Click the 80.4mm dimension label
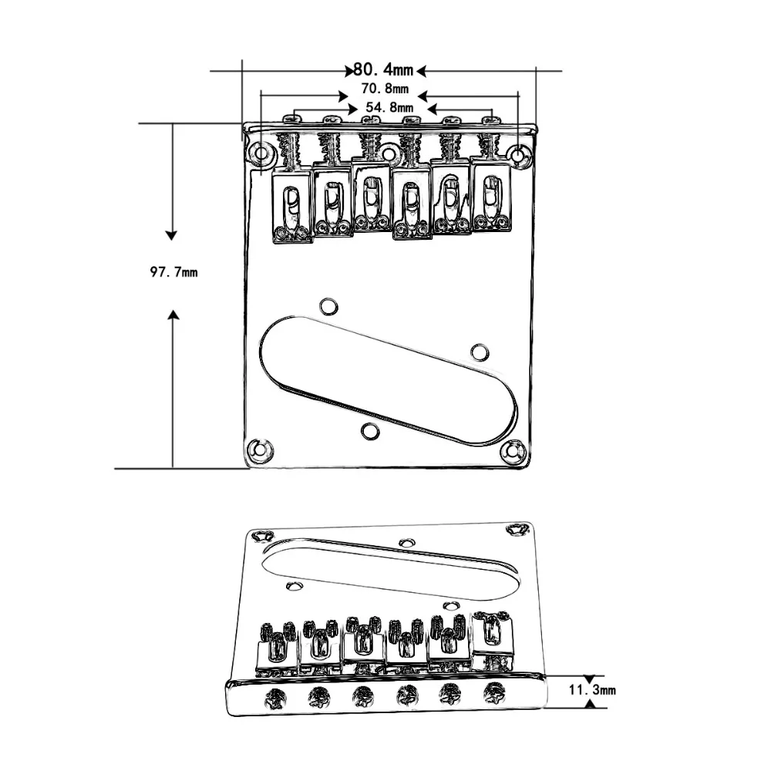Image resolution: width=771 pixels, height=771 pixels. coord(383,70)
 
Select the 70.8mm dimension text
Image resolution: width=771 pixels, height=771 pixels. coord(385,89)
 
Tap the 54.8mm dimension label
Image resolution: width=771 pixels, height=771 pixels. coord(389,107)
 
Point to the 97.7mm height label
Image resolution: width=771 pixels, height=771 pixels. coord(173,272)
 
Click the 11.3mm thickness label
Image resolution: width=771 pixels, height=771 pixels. coord(592,689)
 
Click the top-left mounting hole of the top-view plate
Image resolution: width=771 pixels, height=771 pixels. coord(261,153)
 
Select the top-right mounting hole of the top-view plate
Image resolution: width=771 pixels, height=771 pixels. coord(519,156)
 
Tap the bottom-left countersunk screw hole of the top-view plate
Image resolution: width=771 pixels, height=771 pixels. coord(260,449)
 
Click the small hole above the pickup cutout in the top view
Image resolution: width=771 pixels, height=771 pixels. coord(328,306)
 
